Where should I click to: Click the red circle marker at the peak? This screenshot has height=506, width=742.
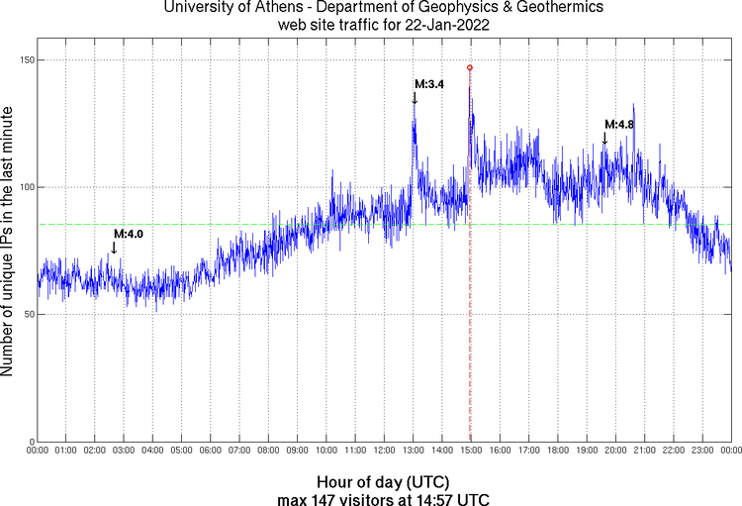(x=470, y=67)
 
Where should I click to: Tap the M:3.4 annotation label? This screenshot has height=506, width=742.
(x=429, y=84)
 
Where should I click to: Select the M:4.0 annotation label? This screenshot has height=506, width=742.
(x=129, y=234)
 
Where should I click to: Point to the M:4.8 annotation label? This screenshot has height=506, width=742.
(x=619, y=124)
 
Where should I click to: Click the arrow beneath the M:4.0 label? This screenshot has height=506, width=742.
(x=114, y=248)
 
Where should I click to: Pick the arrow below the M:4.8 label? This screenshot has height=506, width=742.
(x=605, y=138)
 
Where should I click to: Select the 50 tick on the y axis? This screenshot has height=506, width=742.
(x=28, y=314)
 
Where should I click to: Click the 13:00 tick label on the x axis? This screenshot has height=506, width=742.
(x=414, y=451)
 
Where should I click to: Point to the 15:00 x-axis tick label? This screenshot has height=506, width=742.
(x=471, y=451)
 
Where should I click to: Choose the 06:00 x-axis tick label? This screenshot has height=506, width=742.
(x=211, y=451)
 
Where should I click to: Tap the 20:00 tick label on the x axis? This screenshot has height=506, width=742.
(x=615, y=451)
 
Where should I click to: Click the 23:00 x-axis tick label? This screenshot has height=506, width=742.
(x=702, y=451)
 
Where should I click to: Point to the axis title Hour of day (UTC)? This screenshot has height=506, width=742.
(x=384, y=481)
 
